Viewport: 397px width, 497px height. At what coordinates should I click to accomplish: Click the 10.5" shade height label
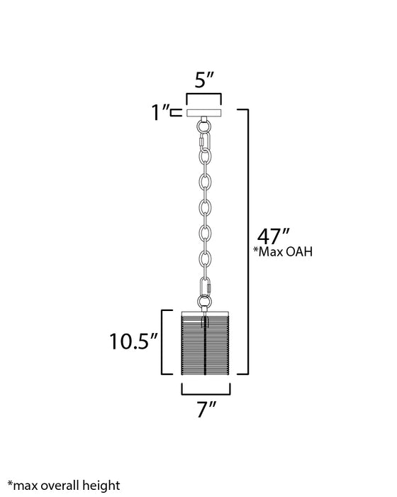(131, 342)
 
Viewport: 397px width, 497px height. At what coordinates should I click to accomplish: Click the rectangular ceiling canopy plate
(204, 111)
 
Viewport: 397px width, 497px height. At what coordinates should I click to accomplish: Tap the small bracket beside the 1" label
(176, 111)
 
